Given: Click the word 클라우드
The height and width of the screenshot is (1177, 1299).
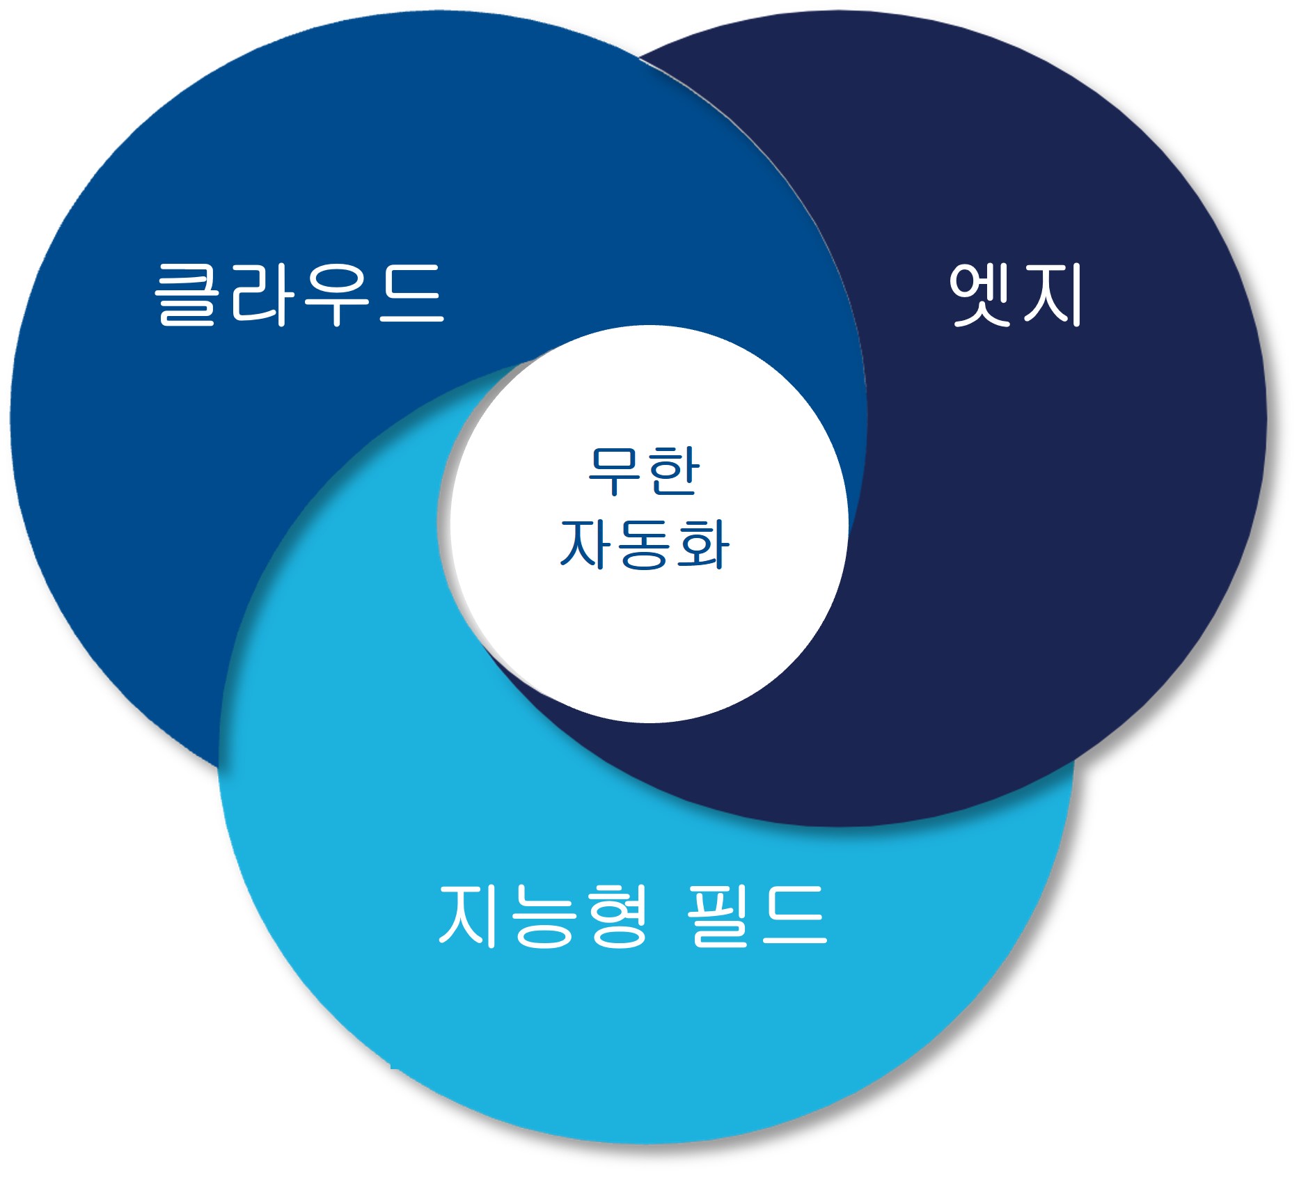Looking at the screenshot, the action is pos(299,294).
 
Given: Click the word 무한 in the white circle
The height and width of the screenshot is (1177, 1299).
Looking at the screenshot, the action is pos(643,471).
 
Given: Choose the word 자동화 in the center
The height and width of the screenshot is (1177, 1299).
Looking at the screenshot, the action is pos(644,544).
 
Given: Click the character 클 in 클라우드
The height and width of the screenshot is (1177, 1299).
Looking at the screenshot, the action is pos(184,294).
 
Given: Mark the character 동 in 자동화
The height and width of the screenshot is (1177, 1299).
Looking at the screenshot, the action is pos(644,545).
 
